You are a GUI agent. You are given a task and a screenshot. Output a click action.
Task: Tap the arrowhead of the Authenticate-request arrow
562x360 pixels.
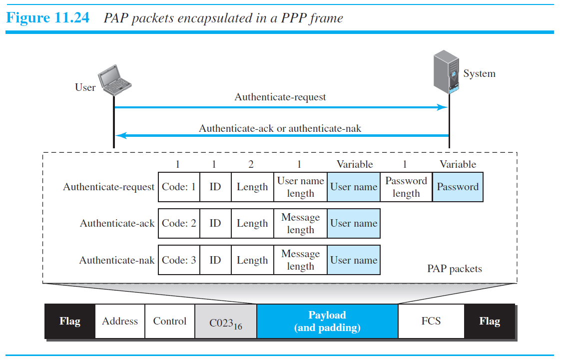pos(442,107)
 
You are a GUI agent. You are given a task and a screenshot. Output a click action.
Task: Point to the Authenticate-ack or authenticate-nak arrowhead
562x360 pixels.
pos(120,135)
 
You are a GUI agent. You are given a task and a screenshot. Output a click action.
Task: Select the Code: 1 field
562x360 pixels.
pos(179,187)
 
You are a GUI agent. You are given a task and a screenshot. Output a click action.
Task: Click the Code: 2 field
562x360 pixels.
pos(179,224)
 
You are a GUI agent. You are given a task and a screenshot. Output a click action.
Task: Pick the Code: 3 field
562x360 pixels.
pos(179,260)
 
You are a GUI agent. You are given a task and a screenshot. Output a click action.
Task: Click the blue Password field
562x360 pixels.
pos(458,187)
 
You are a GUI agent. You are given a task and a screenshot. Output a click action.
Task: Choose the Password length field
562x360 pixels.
pos(406,187)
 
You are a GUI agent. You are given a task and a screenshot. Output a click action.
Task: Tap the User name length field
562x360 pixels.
pos(300,187)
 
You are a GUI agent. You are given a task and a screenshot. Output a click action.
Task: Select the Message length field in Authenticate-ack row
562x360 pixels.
pos(300,224)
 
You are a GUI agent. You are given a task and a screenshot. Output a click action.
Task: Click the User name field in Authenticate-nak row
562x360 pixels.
pos(354,260)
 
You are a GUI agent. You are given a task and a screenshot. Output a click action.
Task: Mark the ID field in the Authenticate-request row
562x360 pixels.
pos(215,187)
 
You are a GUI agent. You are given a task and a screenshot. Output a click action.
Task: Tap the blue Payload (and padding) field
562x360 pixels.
pos(327,322)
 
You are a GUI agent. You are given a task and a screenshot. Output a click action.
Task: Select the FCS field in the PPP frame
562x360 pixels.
pos(431,322)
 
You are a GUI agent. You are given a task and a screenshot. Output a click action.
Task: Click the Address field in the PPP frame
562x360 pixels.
pos(120,322)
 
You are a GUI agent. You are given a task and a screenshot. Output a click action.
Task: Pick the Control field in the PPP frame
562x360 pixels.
pos(170,322)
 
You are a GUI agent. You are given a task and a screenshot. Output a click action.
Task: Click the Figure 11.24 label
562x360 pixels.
pos(47,18)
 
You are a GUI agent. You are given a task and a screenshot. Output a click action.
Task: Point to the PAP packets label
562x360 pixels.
pos(454,269)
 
